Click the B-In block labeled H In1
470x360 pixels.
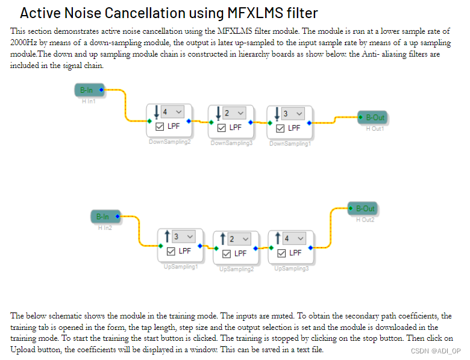tap(88, 90)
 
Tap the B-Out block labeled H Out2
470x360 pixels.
tap(363, 209)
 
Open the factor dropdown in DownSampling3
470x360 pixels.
tap(233, 113)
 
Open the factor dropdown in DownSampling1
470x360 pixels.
tap(292, 113)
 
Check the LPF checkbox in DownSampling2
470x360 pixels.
tap(160, 127)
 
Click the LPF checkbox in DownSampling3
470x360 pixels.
tap(221, 128)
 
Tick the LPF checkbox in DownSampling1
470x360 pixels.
tap(280, 128)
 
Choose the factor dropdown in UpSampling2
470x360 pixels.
tap(239, 239)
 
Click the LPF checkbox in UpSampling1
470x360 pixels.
tap(171, 252)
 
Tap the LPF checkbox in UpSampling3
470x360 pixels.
tap(281, 253)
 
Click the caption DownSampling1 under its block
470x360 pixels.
tap(290, 144)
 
